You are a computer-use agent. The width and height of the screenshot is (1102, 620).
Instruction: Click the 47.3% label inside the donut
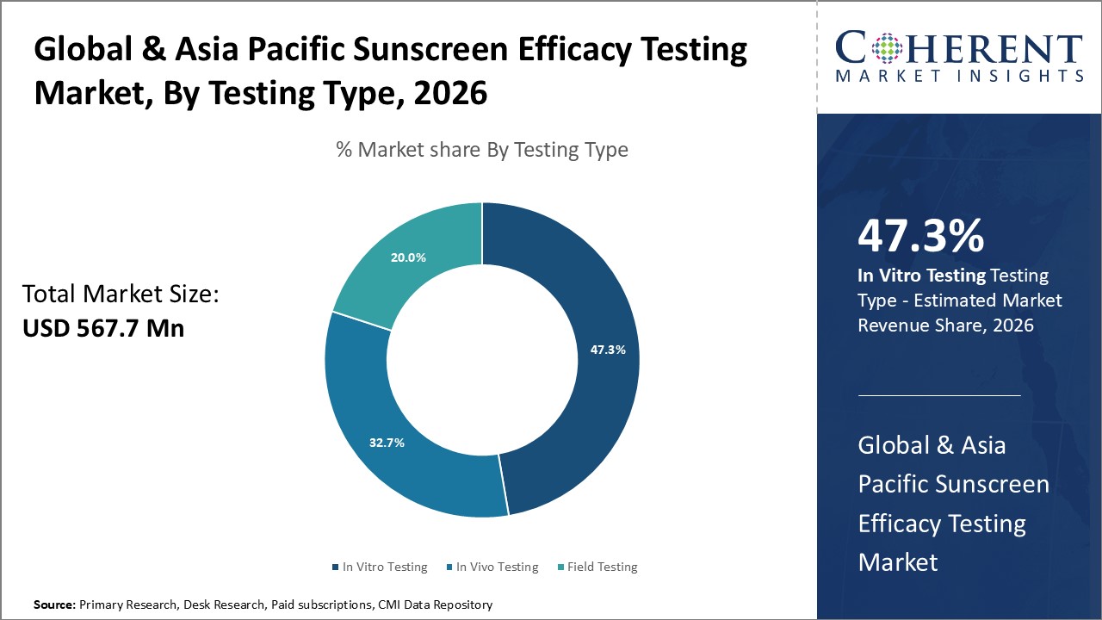coord(608,350)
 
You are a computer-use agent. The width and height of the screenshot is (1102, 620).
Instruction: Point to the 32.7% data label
coord(387,443)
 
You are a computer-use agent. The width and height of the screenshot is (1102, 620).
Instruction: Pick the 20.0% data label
coord(408,257)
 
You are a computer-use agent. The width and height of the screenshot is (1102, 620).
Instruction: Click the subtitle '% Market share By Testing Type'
coord(482,150)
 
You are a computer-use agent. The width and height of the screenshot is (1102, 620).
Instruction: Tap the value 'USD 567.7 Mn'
coord(103,328)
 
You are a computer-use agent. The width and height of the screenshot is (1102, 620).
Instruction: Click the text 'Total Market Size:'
coord(121,294)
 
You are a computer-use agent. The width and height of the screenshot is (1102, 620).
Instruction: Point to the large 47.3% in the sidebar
coord(920,237)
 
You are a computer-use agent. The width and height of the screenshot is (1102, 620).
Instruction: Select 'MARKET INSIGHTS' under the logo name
coord(960,76)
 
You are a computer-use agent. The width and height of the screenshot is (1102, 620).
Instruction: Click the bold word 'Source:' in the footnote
coord(54,605)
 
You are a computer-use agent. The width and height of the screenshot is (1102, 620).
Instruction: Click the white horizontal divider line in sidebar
coord(938,395)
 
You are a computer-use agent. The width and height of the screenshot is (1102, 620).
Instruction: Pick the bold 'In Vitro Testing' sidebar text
coord(921,276)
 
